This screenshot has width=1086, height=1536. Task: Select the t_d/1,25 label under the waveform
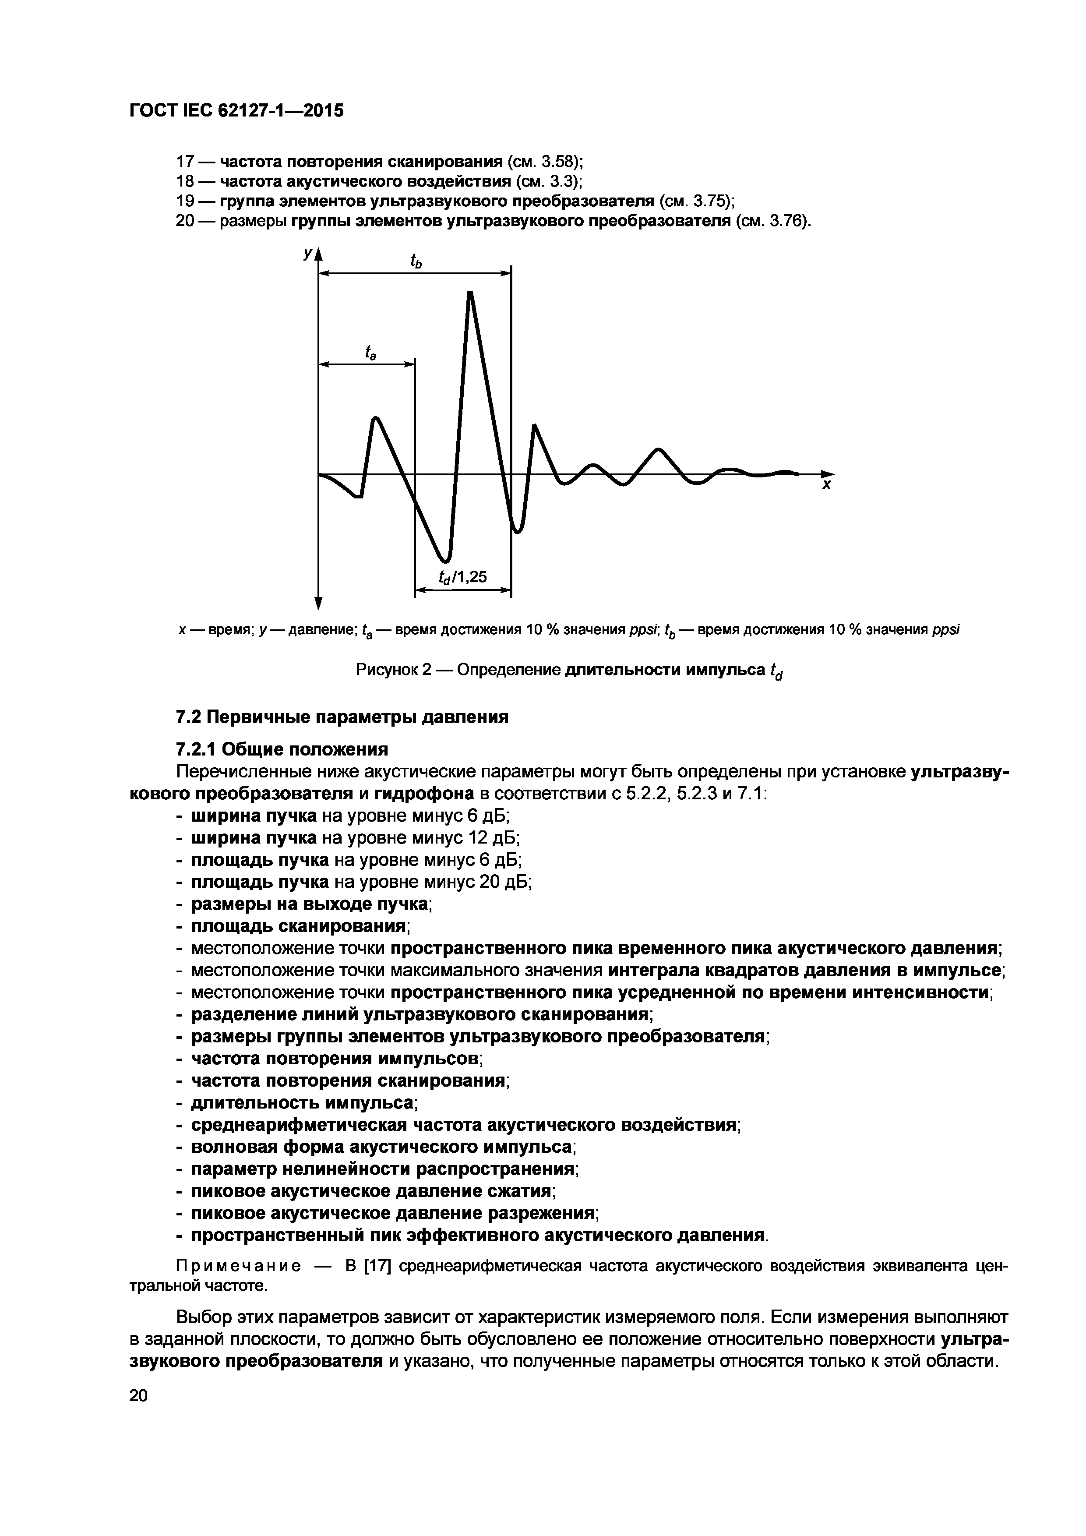463,577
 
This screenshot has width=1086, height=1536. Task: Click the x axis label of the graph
826,485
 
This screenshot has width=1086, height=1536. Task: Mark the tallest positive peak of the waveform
470,294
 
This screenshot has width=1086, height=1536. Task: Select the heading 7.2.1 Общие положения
282,749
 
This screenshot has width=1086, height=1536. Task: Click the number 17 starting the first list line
184,162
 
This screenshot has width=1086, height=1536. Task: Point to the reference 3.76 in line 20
787,222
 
